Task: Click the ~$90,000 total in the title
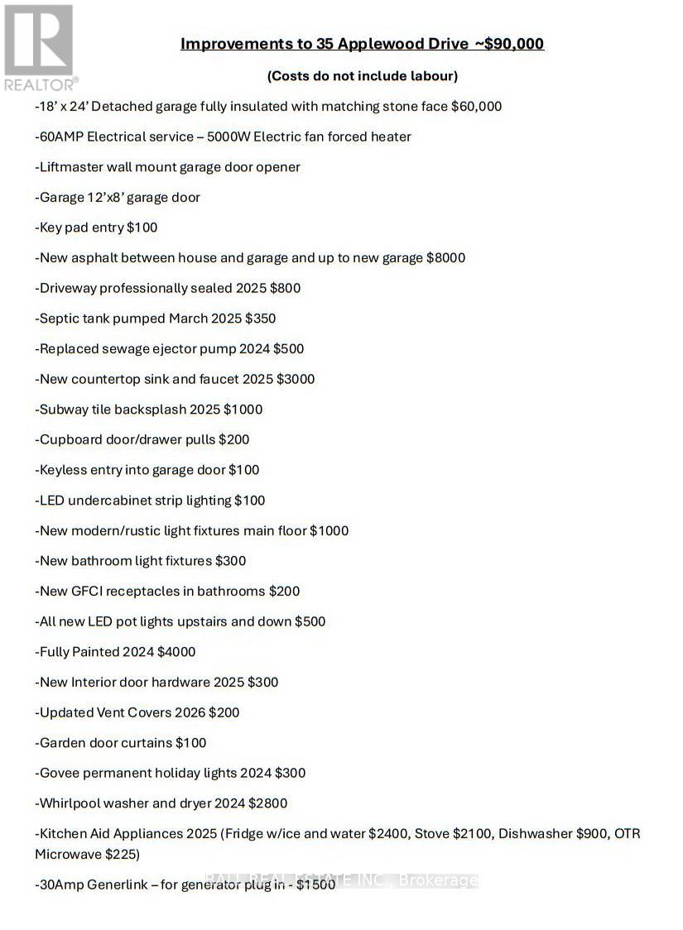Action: (508, 44)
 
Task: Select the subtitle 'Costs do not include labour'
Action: (362, 76)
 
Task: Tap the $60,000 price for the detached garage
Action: (476, 107)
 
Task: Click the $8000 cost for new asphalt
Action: (445, 258)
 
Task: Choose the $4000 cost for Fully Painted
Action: (176, 652)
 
